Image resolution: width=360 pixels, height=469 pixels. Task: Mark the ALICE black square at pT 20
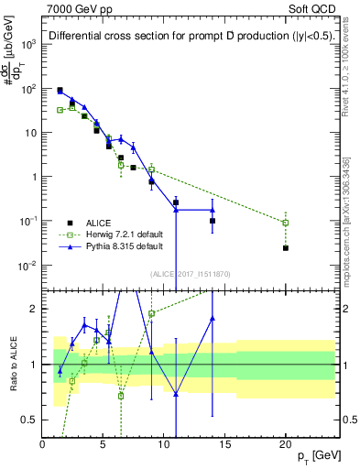pos(286,248)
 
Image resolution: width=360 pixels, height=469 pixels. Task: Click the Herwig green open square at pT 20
pos(286,223)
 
